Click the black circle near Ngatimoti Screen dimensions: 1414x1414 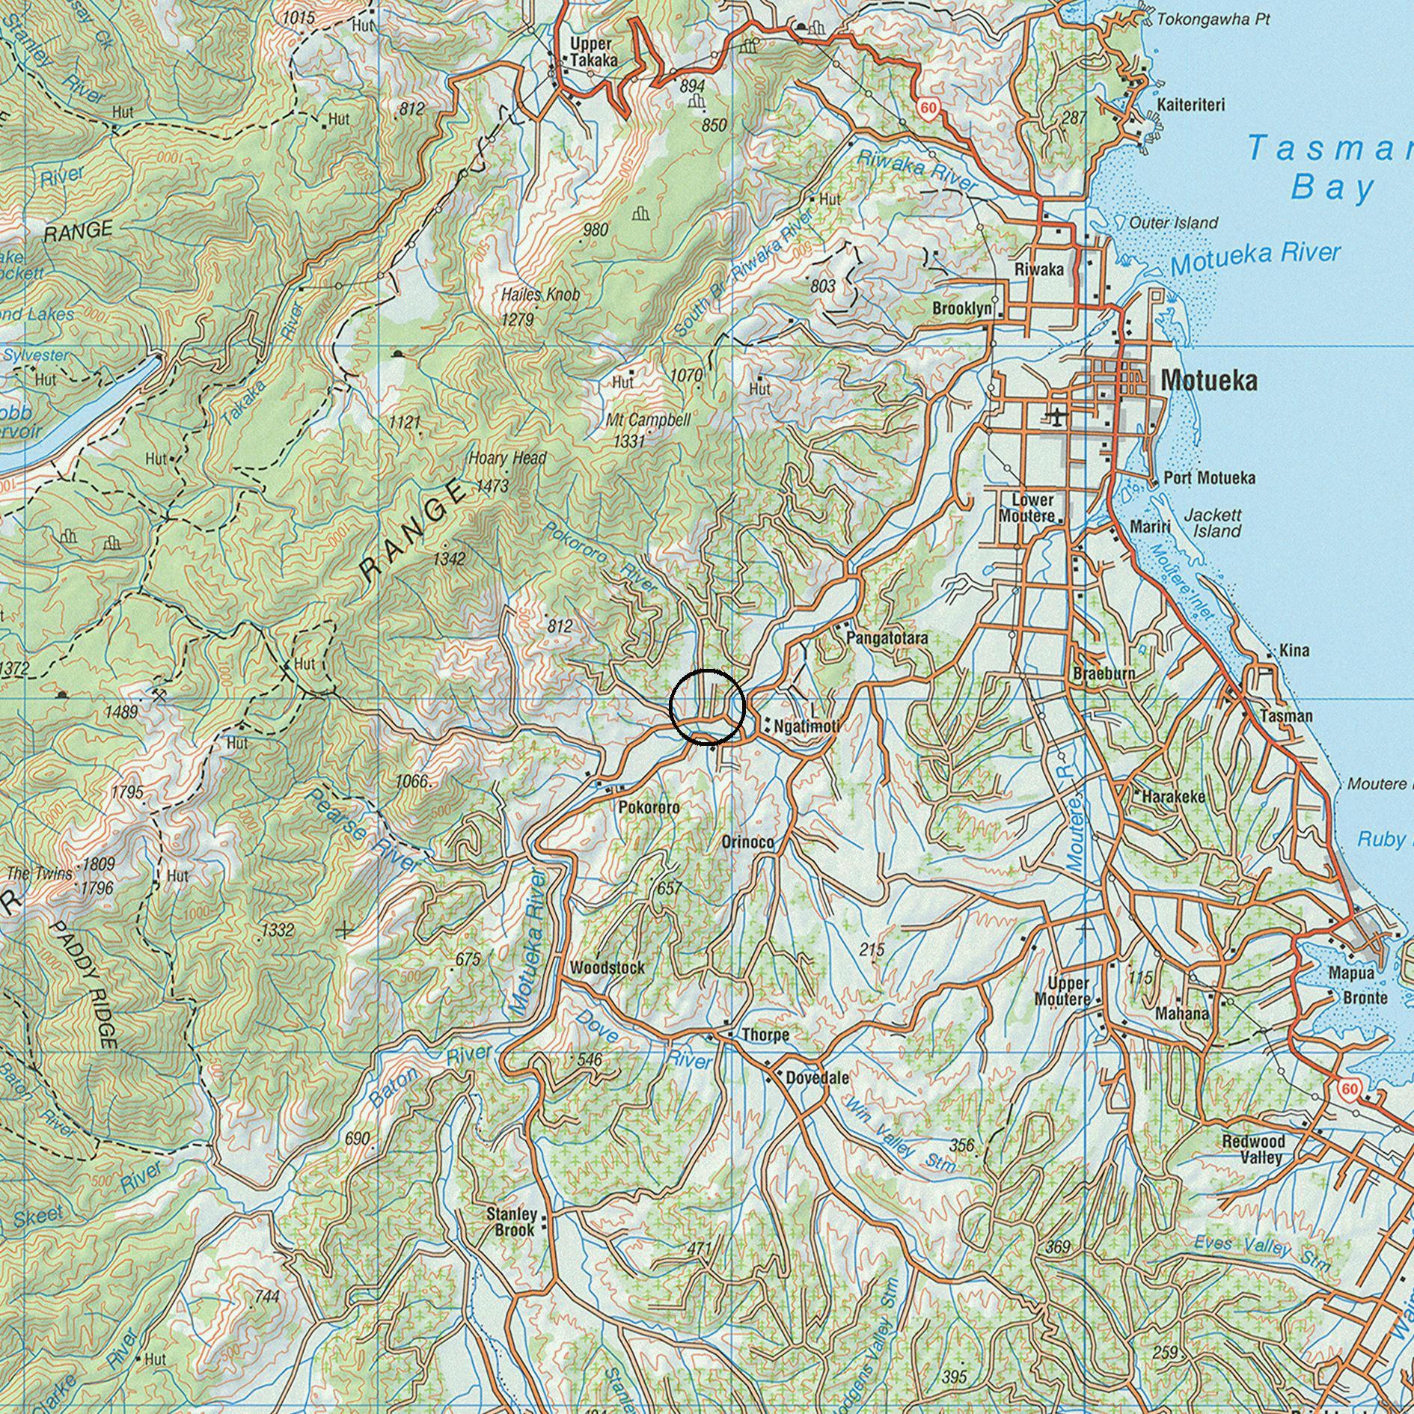[x=708, y=707]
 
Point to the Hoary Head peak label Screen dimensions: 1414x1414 [x=507, y=458]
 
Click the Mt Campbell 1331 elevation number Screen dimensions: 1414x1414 [x=629, y=441]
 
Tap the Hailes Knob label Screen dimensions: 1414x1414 [x=540, y=295]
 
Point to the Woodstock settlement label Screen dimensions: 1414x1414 [x=607, y=967]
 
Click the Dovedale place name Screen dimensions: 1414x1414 [x=817, y=1078]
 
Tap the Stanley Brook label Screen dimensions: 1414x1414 [x=512, y=1222]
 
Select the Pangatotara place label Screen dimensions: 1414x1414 [x=887, y=638]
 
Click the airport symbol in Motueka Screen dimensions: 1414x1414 [x=1056, y=415]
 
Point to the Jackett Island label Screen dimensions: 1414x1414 [x=1213, y=523]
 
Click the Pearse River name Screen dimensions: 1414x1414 [x=364, y=830]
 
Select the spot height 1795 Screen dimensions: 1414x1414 [x=126, y=792]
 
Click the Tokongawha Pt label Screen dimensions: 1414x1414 [x=1212, y=20]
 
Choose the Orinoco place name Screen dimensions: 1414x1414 [x=747, y=842]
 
